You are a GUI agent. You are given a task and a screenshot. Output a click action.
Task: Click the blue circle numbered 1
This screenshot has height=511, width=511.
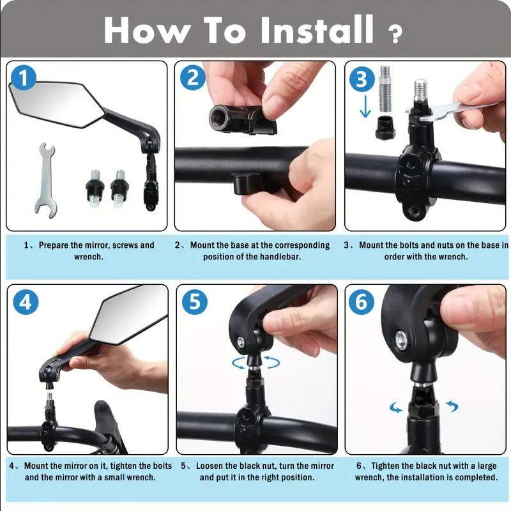(24, 78)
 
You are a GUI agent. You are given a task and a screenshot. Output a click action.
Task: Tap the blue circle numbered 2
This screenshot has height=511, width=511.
(193, 78)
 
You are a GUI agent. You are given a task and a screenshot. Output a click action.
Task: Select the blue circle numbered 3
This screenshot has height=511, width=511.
(362, 79)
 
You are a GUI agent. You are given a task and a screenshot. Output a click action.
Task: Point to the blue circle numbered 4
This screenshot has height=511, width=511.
(26, 301)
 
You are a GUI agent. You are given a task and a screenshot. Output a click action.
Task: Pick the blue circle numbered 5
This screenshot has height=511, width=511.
(195, 301)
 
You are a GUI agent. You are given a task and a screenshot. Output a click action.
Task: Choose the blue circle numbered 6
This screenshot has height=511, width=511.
(362, 301)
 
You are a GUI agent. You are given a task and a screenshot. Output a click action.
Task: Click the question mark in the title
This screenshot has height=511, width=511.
(395, 34)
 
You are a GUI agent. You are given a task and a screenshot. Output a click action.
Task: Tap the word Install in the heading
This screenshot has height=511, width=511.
(316, 29)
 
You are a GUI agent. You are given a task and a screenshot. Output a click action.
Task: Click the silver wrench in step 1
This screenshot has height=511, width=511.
(46, 180)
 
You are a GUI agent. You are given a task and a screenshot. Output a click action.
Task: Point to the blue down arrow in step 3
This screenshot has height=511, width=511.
(365, 107)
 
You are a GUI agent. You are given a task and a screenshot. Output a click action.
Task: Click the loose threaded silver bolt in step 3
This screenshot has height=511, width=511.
(385, 89)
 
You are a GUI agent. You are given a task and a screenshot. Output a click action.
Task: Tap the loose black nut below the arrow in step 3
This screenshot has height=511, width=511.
(385, 128)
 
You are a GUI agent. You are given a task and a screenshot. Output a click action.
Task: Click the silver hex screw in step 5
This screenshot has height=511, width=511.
(241, 342)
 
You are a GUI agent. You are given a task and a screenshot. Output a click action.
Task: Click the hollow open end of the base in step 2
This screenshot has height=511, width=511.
(218, 116)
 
